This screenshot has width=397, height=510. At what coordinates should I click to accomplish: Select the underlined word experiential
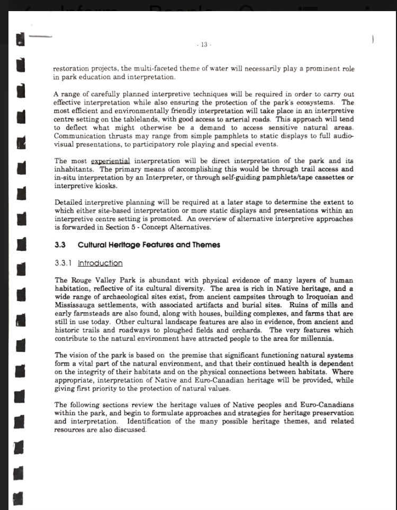(x=111, y=161)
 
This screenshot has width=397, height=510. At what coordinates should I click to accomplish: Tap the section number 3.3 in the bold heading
(x=60, y=245)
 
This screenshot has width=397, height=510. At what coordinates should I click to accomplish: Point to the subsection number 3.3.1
(x=64, y=263)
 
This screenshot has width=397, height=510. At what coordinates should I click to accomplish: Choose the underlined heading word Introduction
(x=100, y=263)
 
